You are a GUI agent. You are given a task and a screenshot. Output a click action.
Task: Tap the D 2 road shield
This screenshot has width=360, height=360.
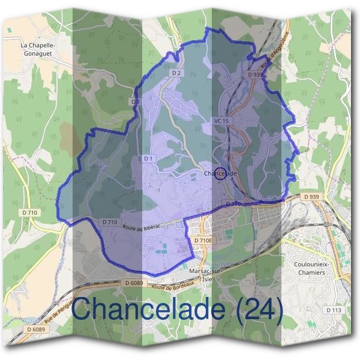pyautogui.click(x=176, y=73)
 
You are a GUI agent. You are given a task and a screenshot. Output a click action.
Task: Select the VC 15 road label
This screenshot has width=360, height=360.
pyautogui.click(x=221, y=121)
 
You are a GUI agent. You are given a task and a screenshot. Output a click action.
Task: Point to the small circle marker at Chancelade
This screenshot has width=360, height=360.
pyautogui.click(x=220, y=173)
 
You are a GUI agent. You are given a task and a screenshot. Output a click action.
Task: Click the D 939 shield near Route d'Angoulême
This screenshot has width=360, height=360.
pyautogui.click(x=255, y=75)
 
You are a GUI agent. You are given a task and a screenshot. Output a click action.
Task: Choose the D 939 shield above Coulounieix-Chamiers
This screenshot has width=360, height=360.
pyautogui.click(x=311, y=197)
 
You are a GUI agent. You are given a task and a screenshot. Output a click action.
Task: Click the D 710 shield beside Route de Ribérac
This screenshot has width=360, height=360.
pyautogui.click(x=109, y=222)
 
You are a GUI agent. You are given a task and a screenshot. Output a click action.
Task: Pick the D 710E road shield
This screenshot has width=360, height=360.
pyautogui.click(x=203, y=240)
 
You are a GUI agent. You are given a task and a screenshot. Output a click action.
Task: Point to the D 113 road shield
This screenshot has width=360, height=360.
pyautogui.click(x=334, y=310)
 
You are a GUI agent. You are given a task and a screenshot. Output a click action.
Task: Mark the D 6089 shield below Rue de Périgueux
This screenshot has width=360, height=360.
pyautogui.click(x=35, y=329)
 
